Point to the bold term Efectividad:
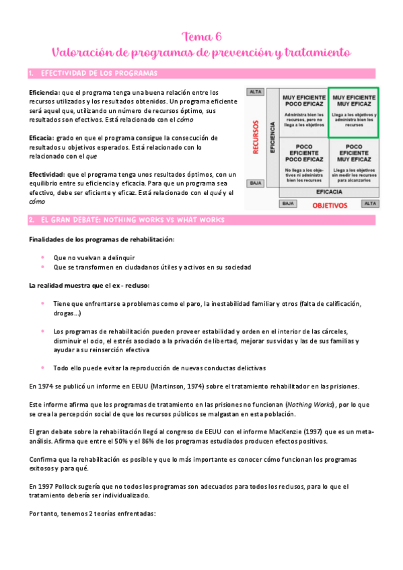coord(46,173)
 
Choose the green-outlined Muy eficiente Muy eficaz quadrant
coord(353,112)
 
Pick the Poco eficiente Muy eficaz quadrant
coord(353,161)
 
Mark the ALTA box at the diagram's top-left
coord(256,91)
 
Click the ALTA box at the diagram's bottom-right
coord(371,203)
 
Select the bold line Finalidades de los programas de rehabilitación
coord(102,240)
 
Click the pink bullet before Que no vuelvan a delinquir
coord(42,257)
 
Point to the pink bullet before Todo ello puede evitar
coord(42,368)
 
